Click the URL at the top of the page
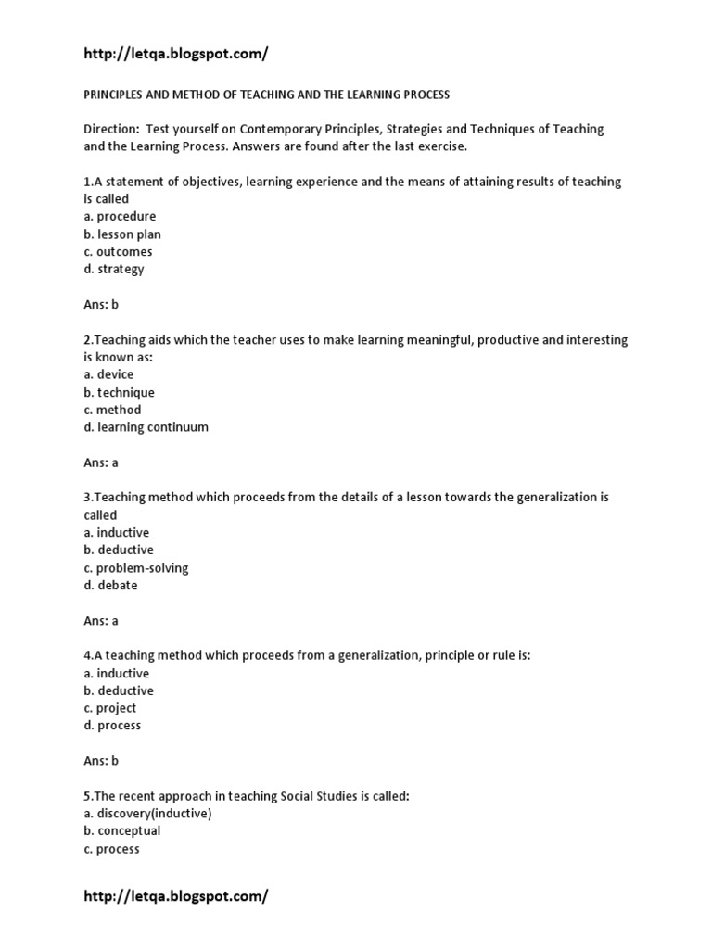tap(175, 54)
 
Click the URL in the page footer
tap(175, 896)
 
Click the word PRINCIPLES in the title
tap(116, 95)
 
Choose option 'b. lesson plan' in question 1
tap(122, 234)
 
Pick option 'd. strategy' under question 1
tap(114, 270)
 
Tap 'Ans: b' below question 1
tap(101, 304)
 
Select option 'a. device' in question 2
tap(108, 374)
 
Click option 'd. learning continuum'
tap(146, 427)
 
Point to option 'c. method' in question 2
tap(112, 410)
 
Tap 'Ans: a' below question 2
tap(101, 462)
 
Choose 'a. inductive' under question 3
tap(116, 533)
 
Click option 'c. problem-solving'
tap(136, 568)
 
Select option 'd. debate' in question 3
tap(110, 586)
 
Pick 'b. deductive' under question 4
tap(119, 690)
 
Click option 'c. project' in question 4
tap(109, 708)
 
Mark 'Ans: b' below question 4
tap(101, 761)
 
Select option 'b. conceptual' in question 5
tap(121, 831)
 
